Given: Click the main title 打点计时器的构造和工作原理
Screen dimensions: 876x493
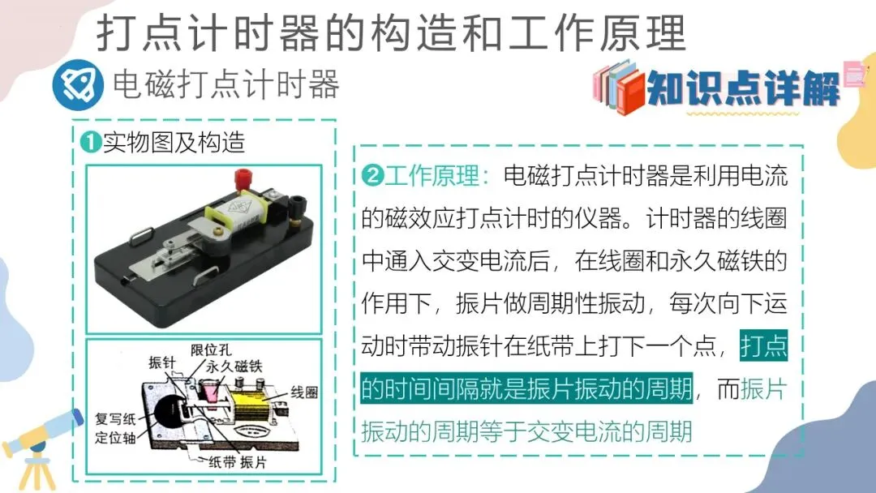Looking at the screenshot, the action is [390, 33].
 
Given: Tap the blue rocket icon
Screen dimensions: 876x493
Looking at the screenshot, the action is [78, 85].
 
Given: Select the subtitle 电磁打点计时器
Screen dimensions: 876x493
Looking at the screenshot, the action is [225, 85].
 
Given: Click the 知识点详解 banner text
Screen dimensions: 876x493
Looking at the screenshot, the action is [743, 88].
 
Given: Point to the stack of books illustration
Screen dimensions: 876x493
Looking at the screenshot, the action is [619, 87].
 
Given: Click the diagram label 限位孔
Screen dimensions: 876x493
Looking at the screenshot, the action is [211, 350].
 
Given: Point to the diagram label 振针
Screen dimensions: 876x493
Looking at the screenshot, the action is [162, 363].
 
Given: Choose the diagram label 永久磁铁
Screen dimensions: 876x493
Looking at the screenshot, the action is [234, 367].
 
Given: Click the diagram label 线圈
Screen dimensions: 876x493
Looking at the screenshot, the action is [304, 392].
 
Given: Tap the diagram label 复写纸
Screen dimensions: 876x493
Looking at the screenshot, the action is [115, 419].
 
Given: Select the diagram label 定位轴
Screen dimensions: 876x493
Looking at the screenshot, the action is [115, 437].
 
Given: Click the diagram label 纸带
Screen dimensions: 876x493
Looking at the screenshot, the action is [222, 461].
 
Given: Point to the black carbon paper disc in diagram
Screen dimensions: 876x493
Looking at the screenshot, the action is [172, 414].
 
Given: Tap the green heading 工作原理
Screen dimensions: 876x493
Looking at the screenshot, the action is [432, 176].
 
